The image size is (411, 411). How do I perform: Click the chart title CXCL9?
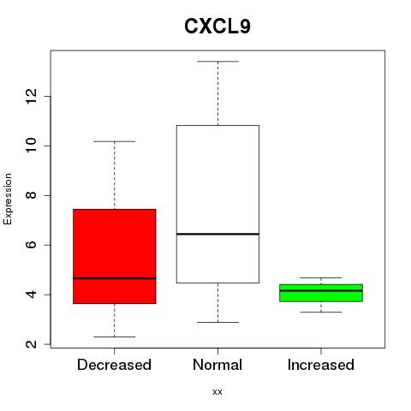(217, 27)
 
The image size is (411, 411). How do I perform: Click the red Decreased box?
(115, 256)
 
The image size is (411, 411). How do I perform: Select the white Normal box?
(217, 204)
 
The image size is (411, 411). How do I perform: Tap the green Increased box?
(321, 293)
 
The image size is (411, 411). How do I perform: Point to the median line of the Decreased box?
(115, 278)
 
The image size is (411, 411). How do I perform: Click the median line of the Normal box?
(217, 234)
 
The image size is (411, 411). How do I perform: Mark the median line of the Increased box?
(321, 290)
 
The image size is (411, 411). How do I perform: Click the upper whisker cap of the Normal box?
(217, 62)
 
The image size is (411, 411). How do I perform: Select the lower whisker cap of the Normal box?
(217, 322)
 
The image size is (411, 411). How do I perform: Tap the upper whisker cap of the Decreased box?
(115, 141)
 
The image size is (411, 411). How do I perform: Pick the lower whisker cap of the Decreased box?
(115, 337)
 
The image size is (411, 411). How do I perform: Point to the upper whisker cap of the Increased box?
(321, 277)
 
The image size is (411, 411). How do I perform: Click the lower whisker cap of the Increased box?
(321, 312)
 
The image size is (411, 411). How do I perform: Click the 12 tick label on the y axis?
(32, 96)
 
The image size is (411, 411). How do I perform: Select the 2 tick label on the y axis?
(32, 344)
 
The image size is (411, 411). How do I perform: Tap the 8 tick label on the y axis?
(32, 195)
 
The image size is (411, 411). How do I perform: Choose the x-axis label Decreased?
(114, 365)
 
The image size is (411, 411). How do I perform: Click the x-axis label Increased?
(321, 365)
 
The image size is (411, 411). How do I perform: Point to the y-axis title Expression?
(8, 199)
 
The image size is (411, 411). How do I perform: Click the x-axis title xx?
(217, 392)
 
